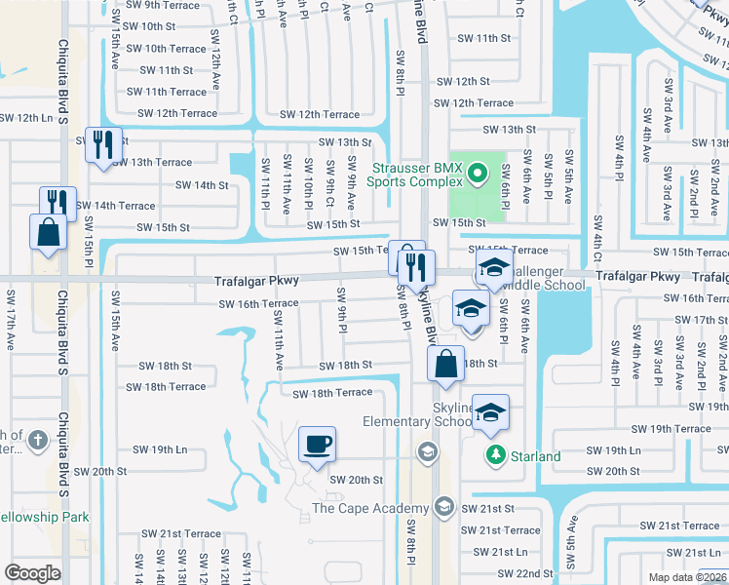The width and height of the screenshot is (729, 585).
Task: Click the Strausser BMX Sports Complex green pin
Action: (478, 175)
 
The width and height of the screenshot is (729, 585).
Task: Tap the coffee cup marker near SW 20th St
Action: (317, 446)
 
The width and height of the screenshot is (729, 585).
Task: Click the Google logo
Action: (32, 572)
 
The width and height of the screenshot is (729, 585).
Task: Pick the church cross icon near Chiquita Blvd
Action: (38, 441)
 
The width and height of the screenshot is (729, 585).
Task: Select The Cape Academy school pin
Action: (444, 506)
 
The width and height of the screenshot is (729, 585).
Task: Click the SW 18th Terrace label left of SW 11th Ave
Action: (166, 387)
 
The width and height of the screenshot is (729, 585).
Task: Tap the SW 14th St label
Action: (202, 184)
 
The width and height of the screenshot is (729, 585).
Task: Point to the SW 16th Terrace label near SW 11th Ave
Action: (258, 304)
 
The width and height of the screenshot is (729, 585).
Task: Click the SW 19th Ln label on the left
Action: (160, 449)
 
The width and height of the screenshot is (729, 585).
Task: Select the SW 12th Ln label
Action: (26, 118)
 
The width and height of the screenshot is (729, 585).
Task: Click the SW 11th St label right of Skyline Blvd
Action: (484, 38)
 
